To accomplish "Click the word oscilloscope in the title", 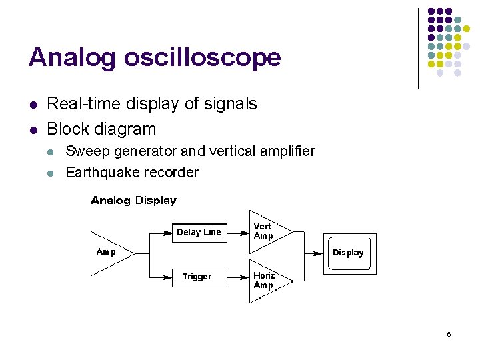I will [x=202, y=58].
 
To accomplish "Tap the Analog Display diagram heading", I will [x=133, y=200].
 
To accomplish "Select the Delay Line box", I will [x=199, y=233].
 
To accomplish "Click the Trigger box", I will [x=197, y=277].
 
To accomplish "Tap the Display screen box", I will [x=349, y=253].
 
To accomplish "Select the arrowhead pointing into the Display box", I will [x=317, y=253].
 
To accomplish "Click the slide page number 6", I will [x=449, y=334].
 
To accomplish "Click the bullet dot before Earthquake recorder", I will [x=51, y=173].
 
